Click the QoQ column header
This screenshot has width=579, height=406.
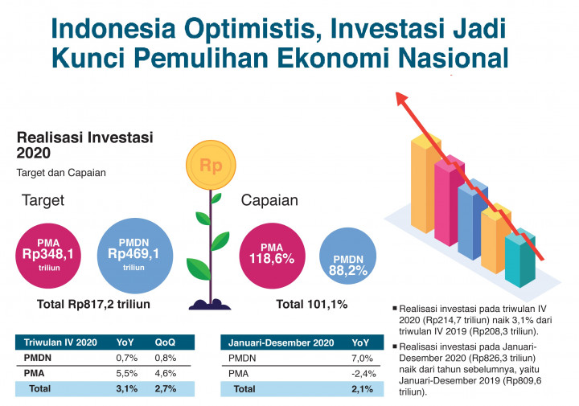click(166, 342)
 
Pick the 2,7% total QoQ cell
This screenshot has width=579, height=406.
click(166, 389)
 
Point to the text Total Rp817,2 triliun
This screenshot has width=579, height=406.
click(94, 305)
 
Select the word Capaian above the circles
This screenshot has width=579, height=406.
click(270, 200)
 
